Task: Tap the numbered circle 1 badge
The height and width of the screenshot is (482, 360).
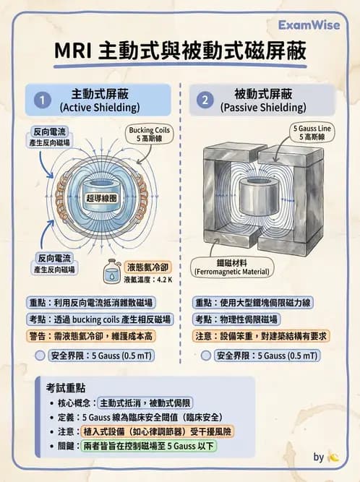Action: tap(43, 100)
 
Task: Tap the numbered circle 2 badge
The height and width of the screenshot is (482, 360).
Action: tap(205, 100)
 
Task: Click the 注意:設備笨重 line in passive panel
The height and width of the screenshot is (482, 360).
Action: tap(266, 336)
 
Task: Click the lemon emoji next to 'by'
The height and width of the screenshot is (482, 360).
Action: tap(333, 457)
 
